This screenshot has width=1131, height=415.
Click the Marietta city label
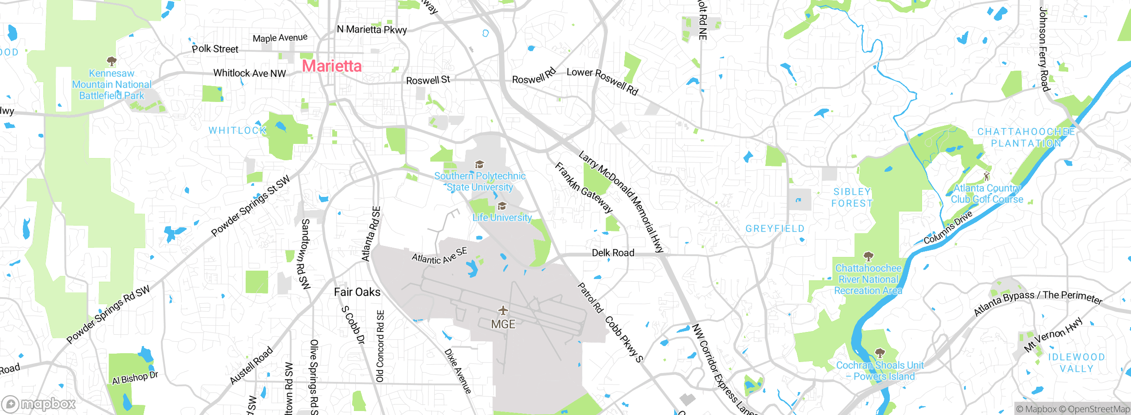[x=332, y=66]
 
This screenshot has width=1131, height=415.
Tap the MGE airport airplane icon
[x=503, y=310]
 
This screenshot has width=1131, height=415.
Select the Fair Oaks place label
[x=357, y=292]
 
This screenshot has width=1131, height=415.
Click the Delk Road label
[x=613, y=253]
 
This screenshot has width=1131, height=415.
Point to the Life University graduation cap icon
[x=502, y=206]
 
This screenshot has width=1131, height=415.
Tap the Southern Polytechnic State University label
[x=480, y=181]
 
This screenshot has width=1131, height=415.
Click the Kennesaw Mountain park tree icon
[x=111, y=61]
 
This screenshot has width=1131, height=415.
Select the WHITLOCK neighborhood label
[x=238, y=131]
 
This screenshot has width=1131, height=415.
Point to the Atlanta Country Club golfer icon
[x=987, y=177]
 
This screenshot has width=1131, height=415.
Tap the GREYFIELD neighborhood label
[x=775, y=229]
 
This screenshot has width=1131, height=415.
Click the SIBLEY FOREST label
[x=852, y=197]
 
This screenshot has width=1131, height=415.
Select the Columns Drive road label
[x=948, y=227]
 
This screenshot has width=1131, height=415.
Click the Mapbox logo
[x=39, y=404]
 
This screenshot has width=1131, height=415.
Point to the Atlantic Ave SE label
[x=439, y=256]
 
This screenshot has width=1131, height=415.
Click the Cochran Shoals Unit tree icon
[x=880, y=353]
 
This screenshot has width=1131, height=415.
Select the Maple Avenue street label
[x=280, y=38]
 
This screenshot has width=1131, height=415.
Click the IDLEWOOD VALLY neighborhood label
[x=1076, y=362]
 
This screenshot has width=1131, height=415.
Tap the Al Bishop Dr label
[x=135, y=378]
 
